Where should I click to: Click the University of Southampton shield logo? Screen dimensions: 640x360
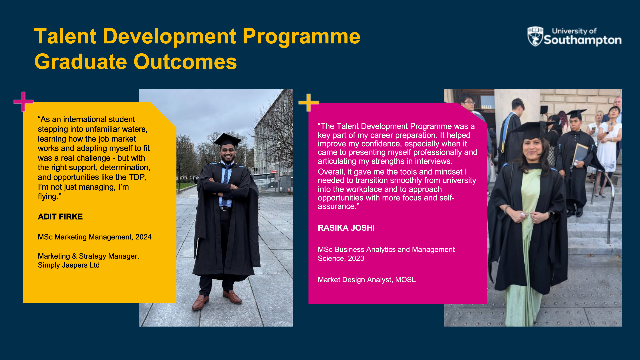[535, 36]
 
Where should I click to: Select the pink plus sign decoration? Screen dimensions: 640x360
[23, 101]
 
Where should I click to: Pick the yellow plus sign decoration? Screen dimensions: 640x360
[309, 102]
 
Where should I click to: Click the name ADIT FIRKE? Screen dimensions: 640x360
[60, 217]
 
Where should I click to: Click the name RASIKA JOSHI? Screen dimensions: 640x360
[346, 228]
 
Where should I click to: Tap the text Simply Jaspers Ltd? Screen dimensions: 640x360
[69, 265]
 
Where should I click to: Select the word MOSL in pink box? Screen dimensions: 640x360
[405, 280]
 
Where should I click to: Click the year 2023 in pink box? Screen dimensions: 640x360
[356, 258]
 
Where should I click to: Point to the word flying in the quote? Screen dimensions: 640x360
[47, 197]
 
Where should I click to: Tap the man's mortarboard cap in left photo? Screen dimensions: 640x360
[227, 140]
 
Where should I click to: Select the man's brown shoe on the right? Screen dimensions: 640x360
[232, 297]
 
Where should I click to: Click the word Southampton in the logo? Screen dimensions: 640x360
[583, 40]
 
